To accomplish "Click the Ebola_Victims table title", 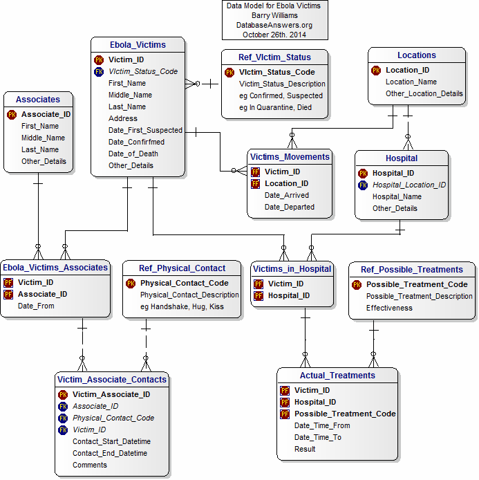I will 138,45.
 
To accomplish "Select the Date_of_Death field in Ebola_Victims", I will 133,154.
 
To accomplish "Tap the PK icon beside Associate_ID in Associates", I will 12,115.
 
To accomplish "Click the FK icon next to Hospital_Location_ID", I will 363,185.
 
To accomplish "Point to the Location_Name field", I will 411,82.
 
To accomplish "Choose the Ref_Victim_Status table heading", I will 274,57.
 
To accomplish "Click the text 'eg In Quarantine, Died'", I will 275,107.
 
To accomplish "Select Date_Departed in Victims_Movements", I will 289,207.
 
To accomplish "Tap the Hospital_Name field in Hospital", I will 397,196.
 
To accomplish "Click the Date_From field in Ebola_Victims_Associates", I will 36,306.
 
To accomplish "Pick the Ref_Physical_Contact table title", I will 182,268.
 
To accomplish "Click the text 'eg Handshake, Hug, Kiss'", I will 182,306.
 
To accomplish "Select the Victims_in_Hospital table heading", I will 292,268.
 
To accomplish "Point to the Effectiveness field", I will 389,308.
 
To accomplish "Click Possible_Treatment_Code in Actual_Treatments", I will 345,414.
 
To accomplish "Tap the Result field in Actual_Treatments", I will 305,449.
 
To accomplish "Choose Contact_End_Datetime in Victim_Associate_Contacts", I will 110,453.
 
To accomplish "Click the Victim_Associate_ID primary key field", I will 111,394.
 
